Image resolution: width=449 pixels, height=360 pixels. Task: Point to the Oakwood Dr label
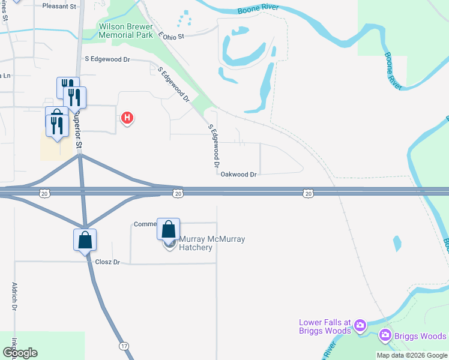pyautogui.click(x=239, y=174)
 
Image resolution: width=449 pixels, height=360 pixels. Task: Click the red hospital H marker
pyautogui.click(x=127, y=118)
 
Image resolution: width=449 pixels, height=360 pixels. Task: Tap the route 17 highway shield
pyautogui.click(x=124, y=346)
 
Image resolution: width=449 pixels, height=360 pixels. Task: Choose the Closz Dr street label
pyautogui.click(x=108, y=262)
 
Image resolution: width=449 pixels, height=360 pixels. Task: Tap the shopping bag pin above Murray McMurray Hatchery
pyautogui.click(x=169, y=229)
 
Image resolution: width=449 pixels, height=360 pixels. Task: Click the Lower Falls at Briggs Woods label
pyautogui.click(x=325, y=326)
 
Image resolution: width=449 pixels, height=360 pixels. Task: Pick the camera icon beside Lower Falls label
pyautogui.click(x=360, y=326)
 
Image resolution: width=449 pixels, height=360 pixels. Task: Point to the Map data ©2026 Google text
pyautogui.click(x=412, y=355)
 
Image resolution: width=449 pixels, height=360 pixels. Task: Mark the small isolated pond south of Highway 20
pyautogui.click(x=397, y=243)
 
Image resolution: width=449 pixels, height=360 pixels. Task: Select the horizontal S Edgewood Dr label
pyautogui.click(x=107, y=59)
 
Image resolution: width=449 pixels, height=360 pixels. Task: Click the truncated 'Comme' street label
pyautogui.click(x=145, y=224)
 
